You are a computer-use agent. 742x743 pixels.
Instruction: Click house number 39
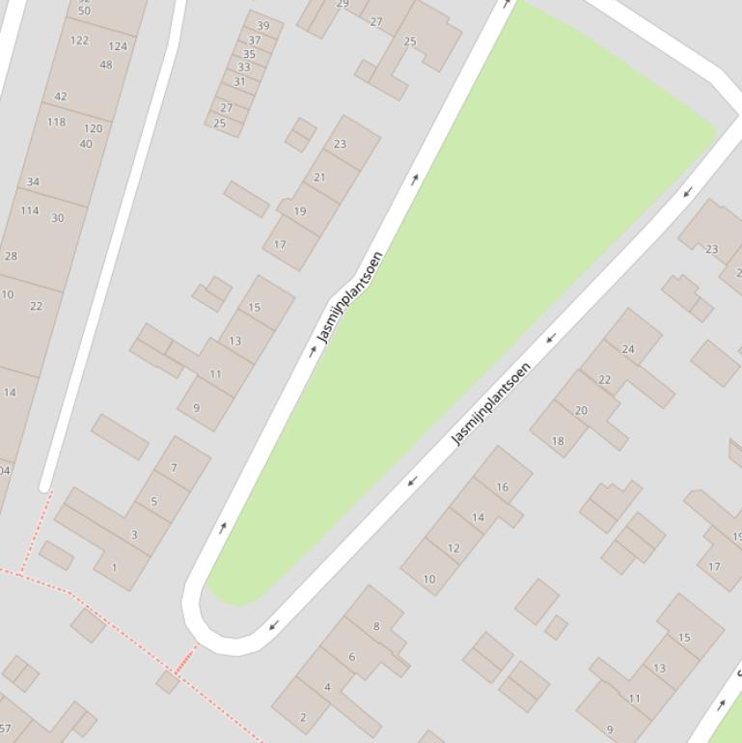pyautogui.click(x=263, y=26)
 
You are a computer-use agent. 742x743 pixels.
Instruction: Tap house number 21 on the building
pyautogui.click(x=319, y=178)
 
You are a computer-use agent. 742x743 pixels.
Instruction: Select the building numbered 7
pyautogui.click(x=174, y=468)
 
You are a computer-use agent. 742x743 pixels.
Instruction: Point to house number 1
pyautogui.click(x=114, y=567)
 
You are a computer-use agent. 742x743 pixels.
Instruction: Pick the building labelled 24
pyautogui.click(x=628, y=349)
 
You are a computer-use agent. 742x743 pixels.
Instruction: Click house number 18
pyautogui.click(x=558, y=441)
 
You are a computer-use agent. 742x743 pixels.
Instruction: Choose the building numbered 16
pyautogui.click(x=502, y=487)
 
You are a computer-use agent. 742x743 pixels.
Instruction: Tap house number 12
pyautogui.click(x=453, y=548)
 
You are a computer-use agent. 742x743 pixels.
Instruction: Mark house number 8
pyautogui.click(x=376, y=626)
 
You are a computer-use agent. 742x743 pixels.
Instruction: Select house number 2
pyautogui.click(x=303, y=717)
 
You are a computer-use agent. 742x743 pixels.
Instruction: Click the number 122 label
pyautogui.click(x=80, y=41)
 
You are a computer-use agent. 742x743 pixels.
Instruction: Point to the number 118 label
pyautogui.click(x=57, y=123)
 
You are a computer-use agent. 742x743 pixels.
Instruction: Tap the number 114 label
pyautogui.click(x=30, y=210)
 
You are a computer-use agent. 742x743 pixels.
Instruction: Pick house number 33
pyautogui.click(x=244, y=68)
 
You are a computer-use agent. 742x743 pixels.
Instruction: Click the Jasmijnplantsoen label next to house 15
pyautogui.click(x=350, y=296)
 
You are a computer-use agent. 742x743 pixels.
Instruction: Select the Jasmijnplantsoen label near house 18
pyautogui.click(x=492, y=403)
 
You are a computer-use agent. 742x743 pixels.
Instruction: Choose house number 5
pyautogui.click(x=153, y=502)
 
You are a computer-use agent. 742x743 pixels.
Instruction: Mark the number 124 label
pyautogui.click(x=118, y=46)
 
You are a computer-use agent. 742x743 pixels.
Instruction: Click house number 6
pyautogui.click(x=352, y=657)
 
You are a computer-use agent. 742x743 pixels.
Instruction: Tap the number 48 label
pyautogui.click(x=106, y=66)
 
